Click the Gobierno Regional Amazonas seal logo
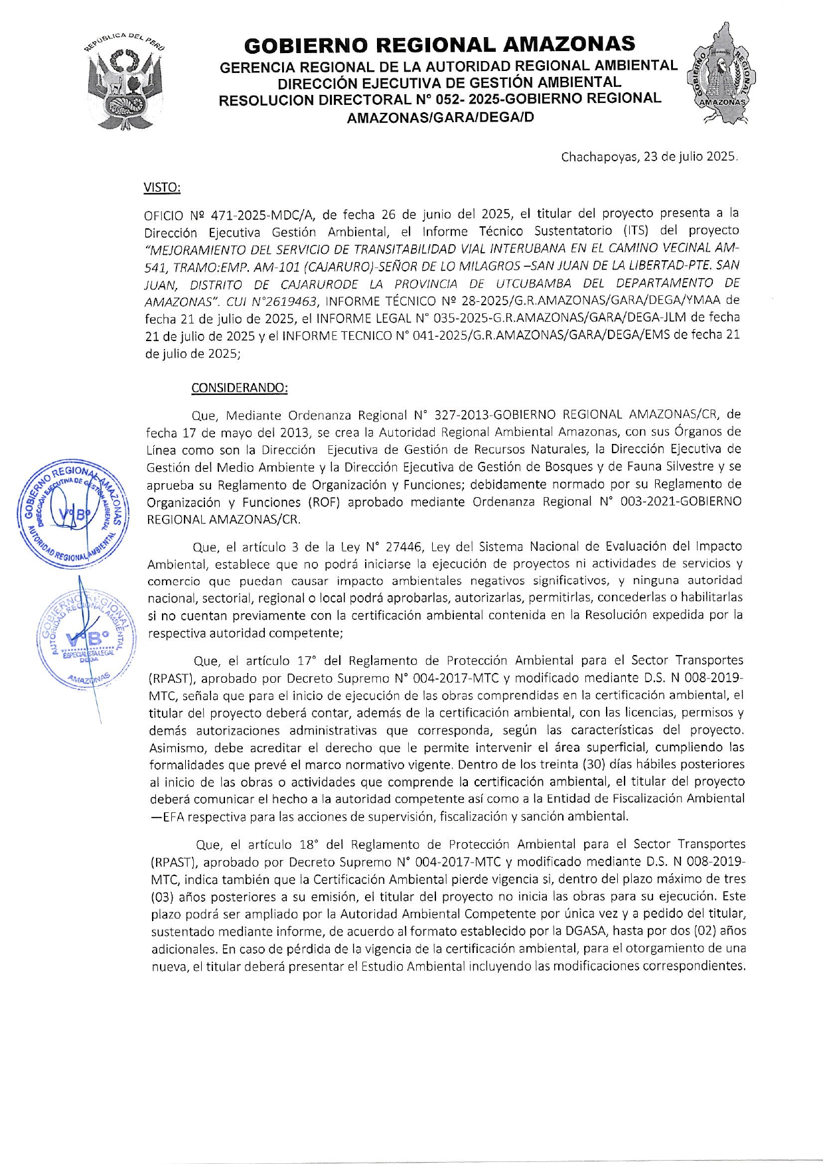[721, 75]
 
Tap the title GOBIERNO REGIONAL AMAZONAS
[439, 44]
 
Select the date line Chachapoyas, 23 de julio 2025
[649, 157]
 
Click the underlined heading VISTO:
[162, 188]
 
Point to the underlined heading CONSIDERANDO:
[240, 388]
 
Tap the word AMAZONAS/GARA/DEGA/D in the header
[440, 118]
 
